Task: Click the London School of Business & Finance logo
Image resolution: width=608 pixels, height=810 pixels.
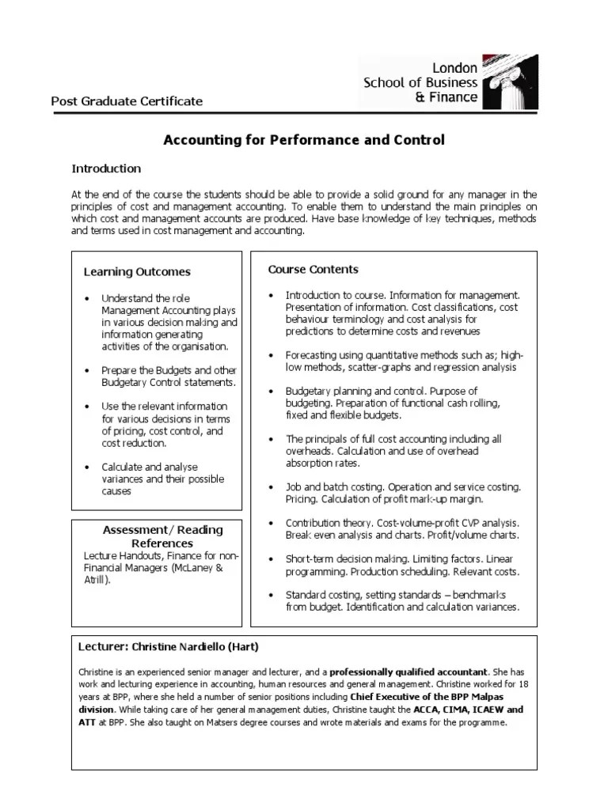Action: (x=448, y=82)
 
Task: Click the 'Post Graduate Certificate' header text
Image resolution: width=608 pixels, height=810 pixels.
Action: (x=127, y=101)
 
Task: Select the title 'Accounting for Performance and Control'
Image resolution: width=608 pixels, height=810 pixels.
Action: (x=303, y=140)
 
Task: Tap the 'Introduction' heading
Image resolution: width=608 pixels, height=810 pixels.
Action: (x=106, y=168)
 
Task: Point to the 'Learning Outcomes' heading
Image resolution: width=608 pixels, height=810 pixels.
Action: (x=137, y=271)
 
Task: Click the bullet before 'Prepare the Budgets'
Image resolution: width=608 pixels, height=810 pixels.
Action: (x=86, y=370)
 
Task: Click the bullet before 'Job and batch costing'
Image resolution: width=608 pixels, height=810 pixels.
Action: (x=271, y=487)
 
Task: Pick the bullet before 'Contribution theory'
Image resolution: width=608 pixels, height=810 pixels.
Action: (x=271, y=524)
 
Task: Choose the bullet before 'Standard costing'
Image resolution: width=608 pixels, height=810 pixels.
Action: (x=271, y=595)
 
